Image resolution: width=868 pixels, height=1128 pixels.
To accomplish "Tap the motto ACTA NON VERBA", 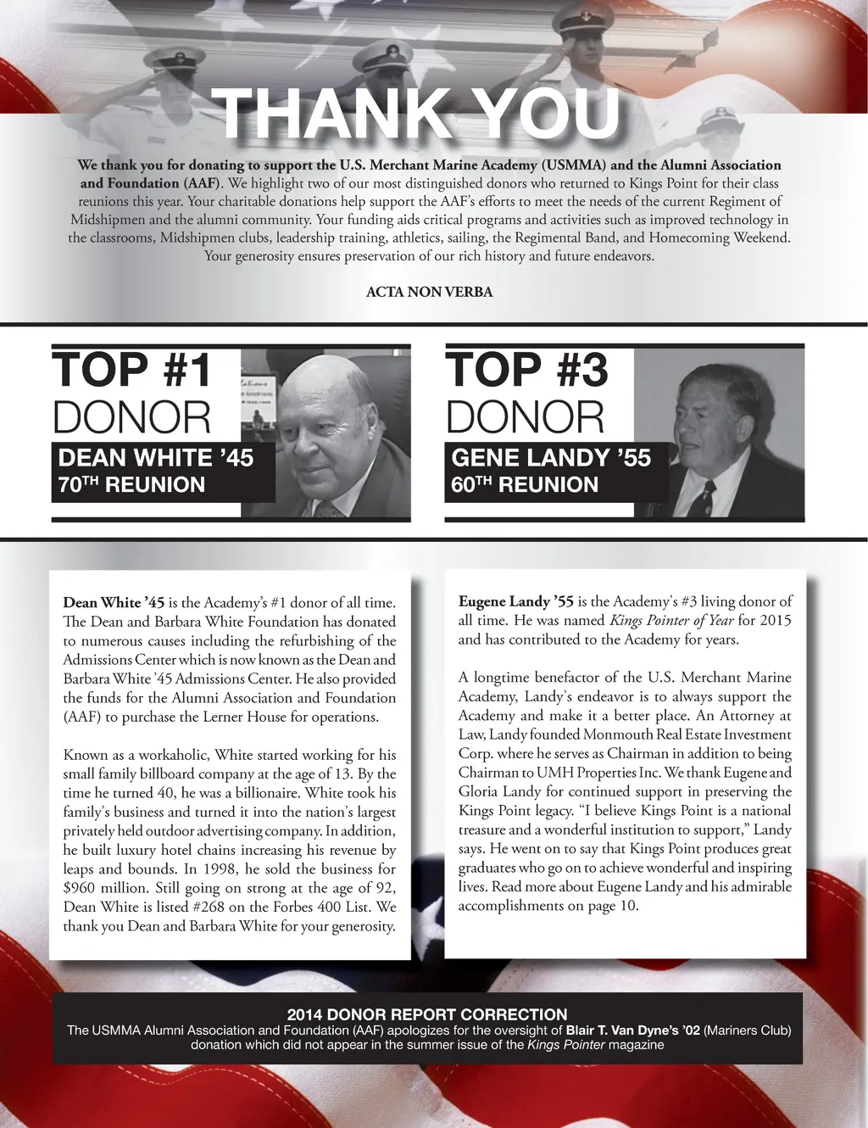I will [x=429, y=292].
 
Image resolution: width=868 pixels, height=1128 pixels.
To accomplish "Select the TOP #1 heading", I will [x=131, y=370].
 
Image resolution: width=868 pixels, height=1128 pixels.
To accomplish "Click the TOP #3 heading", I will [x=526, y=370].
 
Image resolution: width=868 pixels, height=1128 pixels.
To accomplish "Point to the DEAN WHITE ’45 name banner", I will [x=156, y=458].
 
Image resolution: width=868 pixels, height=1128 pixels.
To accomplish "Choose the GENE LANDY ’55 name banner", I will [x=551, y=458].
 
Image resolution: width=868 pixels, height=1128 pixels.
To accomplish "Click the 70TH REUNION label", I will [x=131, y=485].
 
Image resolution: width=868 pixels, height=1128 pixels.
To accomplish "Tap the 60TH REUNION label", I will [x=525, y=485].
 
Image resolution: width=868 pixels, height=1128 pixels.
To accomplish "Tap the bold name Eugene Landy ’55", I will [x=515, y=601].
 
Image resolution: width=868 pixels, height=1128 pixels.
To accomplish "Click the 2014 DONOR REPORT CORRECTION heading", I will [x=427, y=1014].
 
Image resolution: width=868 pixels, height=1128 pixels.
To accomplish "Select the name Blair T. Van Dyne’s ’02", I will [x=633, y=1030].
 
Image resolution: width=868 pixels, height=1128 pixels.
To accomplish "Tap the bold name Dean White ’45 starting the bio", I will [x=114, y=603].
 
